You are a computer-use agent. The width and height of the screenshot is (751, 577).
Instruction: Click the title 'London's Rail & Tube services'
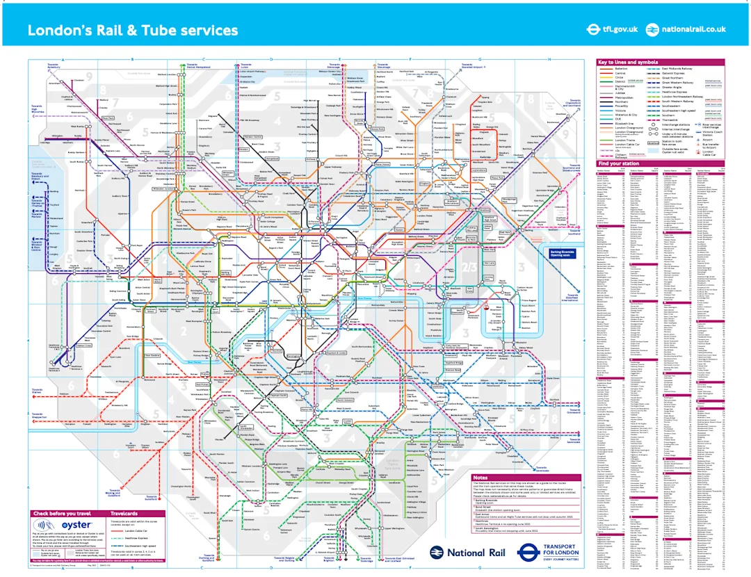(132, 31)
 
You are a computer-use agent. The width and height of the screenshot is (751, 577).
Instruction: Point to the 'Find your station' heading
(619, 164)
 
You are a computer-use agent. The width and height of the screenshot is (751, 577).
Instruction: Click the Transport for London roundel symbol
(530, 552)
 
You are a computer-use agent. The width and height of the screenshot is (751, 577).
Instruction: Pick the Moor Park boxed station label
(108, 118)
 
